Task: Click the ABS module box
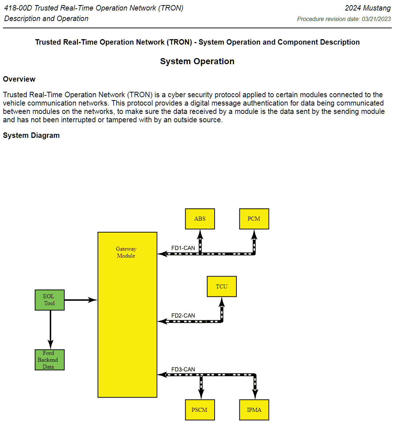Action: pos(200,219)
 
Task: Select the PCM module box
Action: pos(254,219)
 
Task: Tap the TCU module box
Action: pos(222,287)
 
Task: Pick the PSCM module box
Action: pos(200,410)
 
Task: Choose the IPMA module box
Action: pos(254,410)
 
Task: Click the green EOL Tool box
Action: pos(49,300)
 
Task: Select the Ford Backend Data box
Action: pos(49,360)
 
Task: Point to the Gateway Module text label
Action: pos(126,252)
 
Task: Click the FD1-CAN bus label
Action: pos(183,248)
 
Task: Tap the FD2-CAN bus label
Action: pos(183,316)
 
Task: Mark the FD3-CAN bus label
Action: pos(183,369)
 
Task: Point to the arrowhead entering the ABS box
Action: pos(200,234)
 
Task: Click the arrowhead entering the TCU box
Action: pos(222,302)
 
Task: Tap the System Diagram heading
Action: pos(31,135)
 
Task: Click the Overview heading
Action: pos(19,79)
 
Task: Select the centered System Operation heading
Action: pos(197,61)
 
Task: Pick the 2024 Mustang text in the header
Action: pos(367,8)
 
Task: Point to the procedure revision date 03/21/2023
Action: pos(376,19)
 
